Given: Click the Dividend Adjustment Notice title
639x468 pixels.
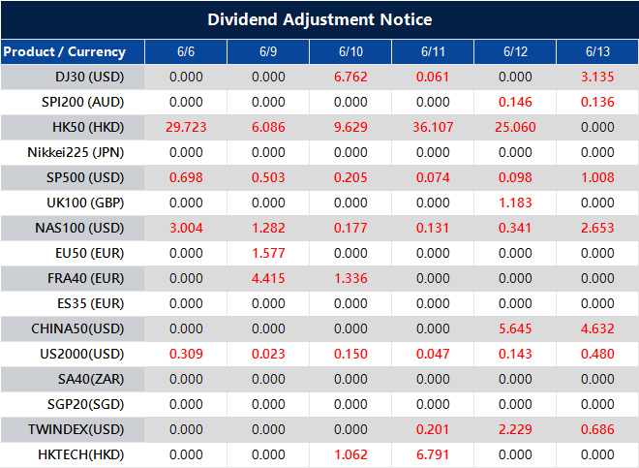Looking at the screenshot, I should (319, 19).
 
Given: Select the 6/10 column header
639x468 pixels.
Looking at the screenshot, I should (350, 51).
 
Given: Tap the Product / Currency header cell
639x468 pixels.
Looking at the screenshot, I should (64, 51).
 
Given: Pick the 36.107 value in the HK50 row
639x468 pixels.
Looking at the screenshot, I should (432, 127).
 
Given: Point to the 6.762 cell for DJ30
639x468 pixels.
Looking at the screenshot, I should (350, 77).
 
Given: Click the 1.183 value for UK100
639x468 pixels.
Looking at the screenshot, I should (514, 203).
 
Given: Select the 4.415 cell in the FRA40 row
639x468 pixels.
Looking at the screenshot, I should (267, 278).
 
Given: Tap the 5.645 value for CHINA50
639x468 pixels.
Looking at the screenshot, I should (514, 328).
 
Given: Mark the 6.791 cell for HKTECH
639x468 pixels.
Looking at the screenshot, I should (432, 454).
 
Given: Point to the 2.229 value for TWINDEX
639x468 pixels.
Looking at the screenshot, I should (514, 429).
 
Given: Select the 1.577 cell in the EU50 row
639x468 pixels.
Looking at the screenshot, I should (267, 253).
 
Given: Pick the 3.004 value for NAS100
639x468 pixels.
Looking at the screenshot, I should (185, 228).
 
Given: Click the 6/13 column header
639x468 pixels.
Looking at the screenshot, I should (596, 51).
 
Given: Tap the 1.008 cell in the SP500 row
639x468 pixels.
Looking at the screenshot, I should (596, 177).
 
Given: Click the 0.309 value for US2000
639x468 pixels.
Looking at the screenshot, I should (185, 354).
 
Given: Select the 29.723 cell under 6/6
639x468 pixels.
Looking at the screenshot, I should (185, 127).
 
